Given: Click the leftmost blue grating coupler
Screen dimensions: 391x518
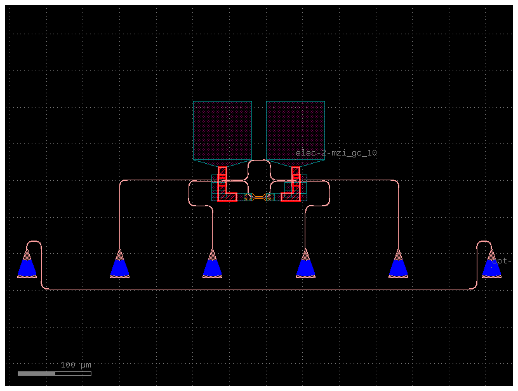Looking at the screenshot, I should [x=27, y=265].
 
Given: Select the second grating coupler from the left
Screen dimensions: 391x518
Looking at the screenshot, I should [x=119, y=265].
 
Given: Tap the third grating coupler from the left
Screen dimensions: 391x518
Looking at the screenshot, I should [x=212, y=265].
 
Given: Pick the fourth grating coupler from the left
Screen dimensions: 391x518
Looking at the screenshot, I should [x=305, y=265].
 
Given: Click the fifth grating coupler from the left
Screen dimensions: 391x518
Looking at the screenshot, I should [x=398, y=265].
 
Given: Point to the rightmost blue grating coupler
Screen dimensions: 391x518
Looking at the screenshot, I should [x=491, y=265].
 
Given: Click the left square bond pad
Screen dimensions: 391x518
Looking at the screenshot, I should [x=222, y=130].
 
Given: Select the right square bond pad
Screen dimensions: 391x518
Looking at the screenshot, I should [x=295, y=130].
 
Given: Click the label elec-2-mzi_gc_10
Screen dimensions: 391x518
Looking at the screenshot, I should [x=336, y=153].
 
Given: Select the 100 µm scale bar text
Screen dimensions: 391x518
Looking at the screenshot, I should [x=76, y=365].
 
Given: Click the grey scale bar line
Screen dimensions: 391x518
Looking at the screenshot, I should [x=54, y=373].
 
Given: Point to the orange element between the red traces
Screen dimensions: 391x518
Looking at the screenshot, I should [x=259, y=197].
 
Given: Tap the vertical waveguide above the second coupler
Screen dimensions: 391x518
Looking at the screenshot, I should [x=119, y=216].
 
